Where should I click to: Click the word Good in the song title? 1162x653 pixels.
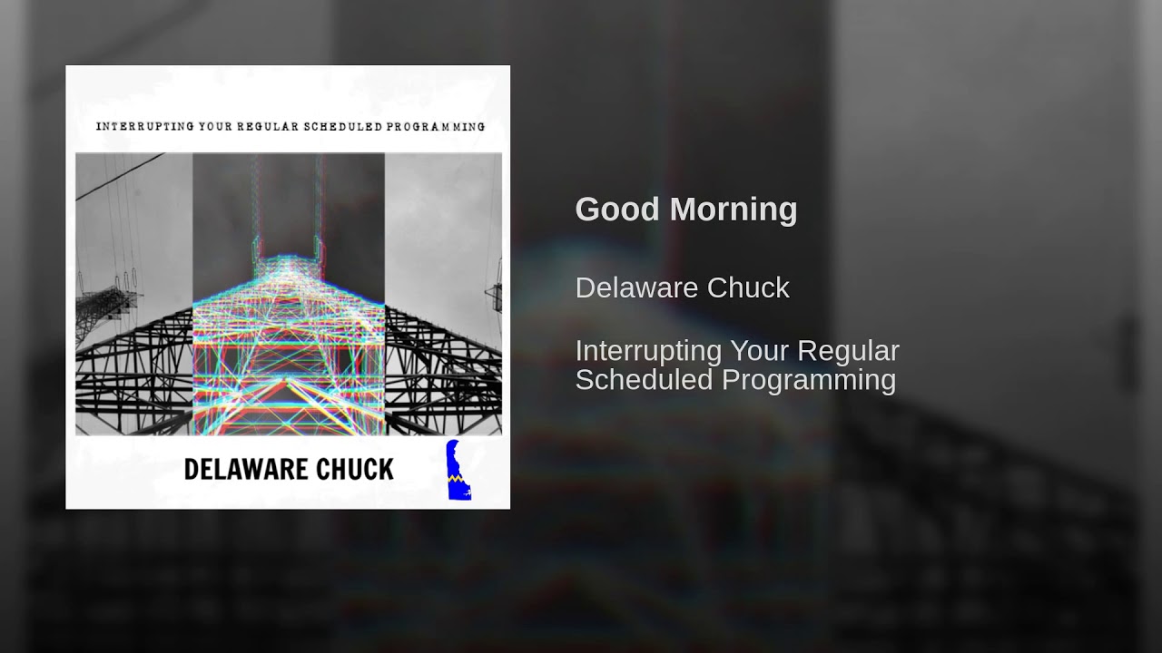(x=616, y=209)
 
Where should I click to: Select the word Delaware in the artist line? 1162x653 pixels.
(x=637, y=288)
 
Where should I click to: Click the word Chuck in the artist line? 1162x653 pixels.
(x=748, y=288)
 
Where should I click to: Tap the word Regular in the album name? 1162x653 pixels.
(x=848, y=351)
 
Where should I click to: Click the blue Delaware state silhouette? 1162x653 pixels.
(x=458, y=471)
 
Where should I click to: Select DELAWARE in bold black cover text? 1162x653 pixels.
(x=246, y=470)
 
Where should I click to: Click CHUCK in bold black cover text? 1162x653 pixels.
(x=355, y=470)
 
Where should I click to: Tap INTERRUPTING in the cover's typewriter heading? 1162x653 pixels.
(x=144, y=126)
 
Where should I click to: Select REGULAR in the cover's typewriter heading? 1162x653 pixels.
(x=268, y=126)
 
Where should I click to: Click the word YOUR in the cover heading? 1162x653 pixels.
(x=215, y=126)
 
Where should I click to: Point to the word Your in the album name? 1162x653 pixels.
(x=760, y=351)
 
